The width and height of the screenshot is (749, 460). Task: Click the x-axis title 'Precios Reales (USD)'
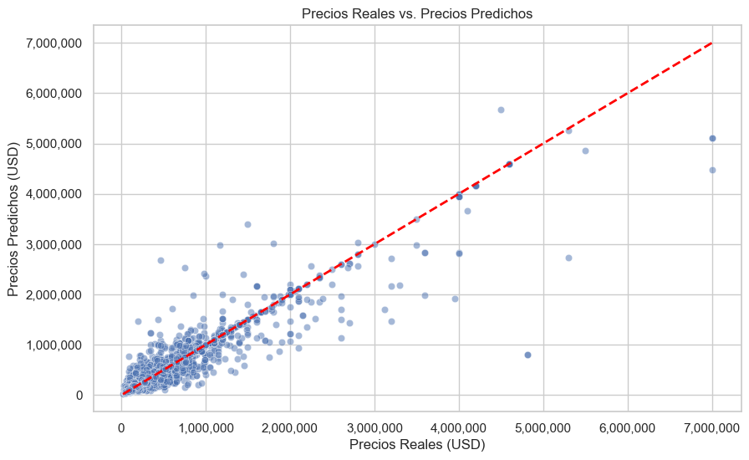tap(416, 445)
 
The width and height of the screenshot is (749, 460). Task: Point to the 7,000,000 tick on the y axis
tap(60, 43)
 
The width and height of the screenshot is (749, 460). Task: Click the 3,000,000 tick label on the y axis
tap(60, 244)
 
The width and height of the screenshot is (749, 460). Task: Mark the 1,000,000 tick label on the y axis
tap(60, 345)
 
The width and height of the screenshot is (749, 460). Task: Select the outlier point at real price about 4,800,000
tap(527, 355)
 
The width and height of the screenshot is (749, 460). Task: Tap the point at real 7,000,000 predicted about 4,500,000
tap(712, 170)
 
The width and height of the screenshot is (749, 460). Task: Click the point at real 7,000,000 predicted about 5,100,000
tap(712, 138)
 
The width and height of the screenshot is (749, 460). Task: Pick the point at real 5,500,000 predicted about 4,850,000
tap(585, 151)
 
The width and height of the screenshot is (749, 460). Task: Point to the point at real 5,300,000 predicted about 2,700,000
tap(568, 258)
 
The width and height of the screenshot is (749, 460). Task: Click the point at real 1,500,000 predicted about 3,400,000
tap(247, 224)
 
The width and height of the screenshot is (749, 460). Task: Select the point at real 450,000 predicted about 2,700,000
tap(160, 260)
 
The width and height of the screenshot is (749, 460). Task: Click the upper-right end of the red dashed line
tap(712, 43)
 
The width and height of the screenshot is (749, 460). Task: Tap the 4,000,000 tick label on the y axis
tap(60, 194)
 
